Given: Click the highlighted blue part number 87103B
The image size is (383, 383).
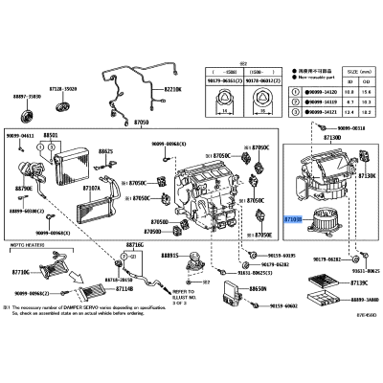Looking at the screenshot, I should (293, 219).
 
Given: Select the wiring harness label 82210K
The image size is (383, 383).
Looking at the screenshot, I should (171, 88).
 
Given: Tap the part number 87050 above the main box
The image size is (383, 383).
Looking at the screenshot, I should (142, 124).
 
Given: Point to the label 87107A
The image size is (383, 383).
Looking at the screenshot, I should (92, 188).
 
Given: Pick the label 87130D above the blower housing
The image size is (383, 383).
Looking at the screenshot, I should (331, 137).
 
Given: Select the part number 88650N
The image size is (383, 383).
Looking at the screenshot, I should (258, 287).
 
